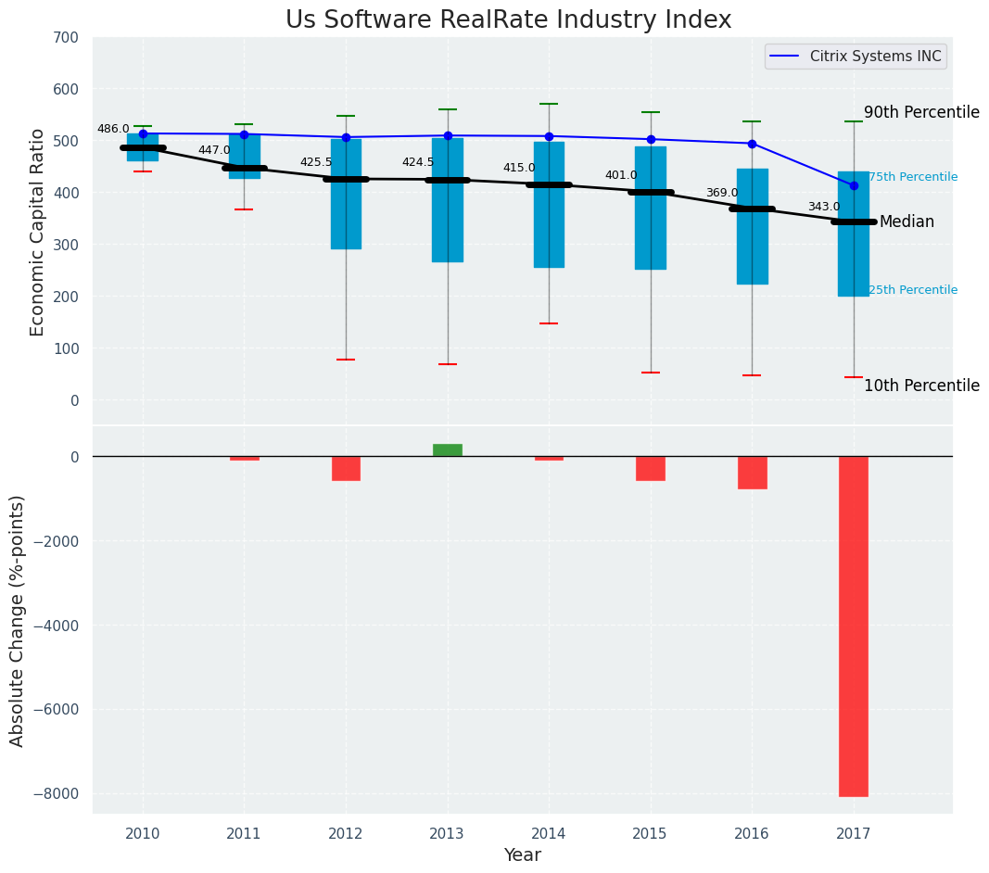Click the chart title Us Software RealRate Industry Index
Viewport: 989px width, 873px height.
pos(508,20)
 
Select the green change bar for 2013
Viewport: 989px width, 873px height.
pos(448,450)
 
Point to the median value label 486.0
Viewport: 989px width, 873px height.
pos(113,130)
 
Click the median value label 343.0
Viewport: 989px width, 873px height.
pos(824,208)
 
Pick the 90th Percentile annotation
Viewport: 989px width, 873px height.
pos(921,113)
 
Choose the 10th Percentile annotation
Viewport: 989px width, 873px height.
pos(921,386)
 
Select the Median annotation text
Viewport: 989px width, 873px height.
pos(907,222)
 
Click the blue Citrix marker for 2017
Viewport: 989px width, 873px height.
pos(854,185)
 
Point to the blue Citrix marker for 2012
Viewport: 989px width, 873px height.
pos(346,137)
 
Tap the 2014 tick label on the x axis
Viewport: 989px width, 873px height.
pos(549,833)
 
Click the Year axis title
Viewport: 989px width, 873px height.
pos(523,855)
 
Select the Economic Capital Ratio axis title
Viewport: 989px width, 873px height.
pos(38,232)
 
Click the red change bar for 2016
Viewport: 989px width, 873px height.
pos(752,473)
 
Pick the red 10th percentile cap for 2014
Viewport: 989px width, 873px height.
pos(549,323)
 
